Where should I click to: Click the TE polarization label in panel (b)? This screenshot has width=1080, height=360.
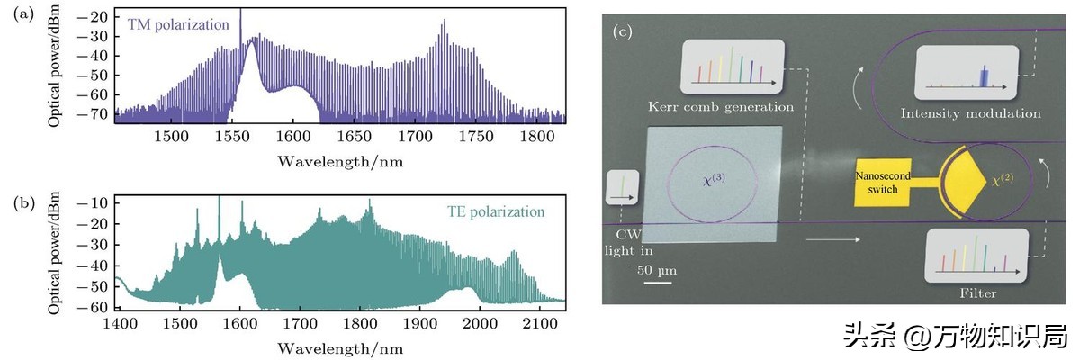[495, 212]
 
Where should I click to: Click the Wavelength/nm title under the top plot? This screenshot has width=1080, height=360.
[339, 161]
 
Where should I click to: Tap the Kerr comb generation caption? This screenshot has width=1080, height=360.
[721, 107]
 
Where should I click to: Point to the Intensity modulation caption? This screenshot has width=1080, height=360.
[971, 113]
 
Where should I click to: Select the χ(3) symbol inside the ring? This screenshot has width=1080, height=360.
[713, 179]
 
